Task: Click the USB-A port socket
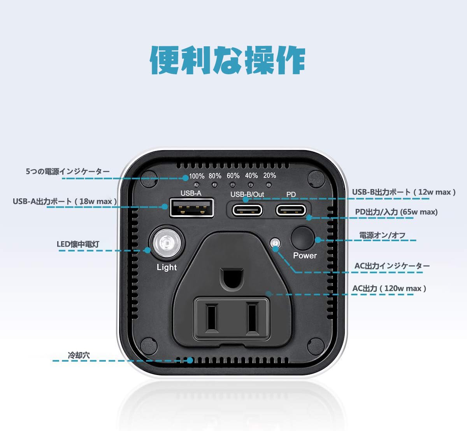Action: [x=191, y=208]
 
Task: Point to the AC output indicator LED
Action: [x=276, y=244]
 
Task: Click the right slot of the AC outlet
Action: [x=252, y=317]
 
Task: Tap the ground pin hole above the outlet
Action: [x=232, y=279]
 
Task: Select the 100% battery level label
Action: [x=197, y=176]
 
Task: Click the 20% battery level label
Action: [x=269, y=175]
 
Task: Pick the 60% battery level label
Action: [x=233, y=176]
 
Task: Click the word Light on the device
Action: [x=167, y=267]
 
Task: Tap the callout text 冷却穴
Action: [x=79, y=355]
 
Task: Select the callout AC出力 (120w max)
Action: [x=389, y=288]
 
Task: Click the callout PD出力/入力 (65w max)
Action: [x=396, y=212]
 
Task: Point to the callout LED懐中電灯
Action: [x=78, y=244]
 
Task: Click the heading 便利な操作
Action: [x=228, y=60]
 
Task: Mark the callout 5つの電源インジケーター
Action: [x=68, y=172]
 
